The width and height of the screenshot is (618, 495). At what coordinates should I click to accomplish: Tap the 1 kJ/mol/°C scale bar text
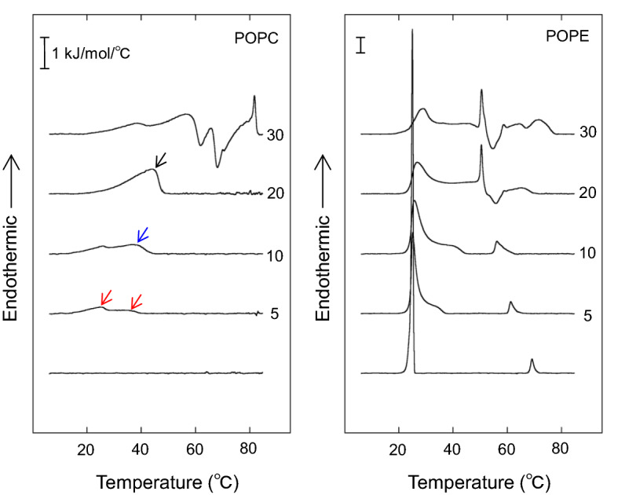click(x=90, y=54)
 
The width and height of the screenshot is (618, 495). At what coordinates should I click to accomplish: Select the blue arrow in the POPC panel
click(x=143, y=235)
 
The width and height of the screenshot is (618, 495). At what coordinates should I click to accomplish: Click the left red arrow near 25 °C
click(x=106, y=297)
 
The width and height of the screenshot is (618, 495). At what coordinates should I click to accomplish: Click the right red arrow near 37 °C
click(x=137, y=301)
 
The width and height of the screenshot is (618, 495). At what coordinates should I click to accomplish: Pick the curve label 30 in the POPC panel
click(x=274, y=135)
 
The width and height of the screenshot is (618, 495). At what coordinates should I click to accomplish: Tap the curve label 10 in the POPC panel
click(x=274, y=255)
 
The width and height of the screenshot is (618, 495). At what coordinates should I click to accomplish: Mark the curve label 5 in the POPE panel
click(x=587, y=316)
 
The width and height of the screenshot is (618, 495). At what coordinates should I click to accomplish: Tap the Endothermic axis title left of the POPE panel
click(x=327, y=236)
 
